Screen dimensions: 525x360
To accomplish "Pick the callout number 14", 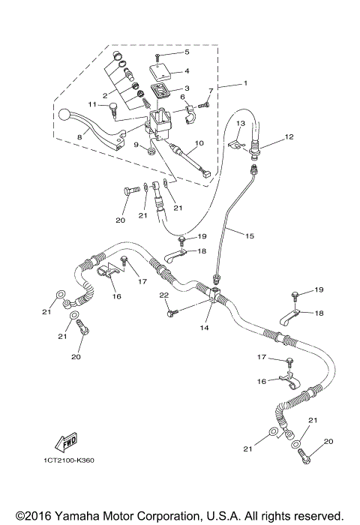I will (204, 328).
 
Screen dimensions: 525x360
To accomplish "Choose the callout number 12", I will (288, 137).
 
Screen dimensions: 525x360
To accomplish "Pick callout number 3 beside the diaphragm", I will (188, 88).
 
